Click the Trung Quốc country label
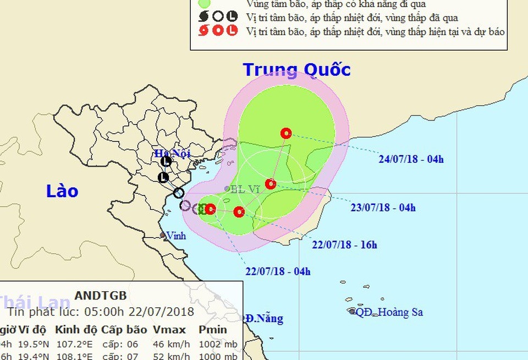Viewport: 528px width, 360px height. (x=296, y=70)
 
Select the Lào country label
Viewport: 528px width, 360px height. (x=62, y=191)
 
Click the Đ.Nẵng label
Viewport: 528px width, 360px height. (x=265, y=318)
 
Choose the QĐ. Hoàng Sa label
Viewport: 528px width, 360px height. (x=389, y=312)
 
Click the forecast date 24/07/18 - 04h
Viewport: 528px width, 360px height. (x=411, y=160)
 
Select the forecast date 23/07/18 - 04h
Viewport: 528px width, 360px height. (x=383, y=208)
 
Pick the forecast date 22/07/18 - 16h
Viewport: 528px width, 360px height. (x=344, y=245)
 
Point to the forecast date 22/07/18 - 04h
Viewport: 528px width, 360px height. (x=278, y=271)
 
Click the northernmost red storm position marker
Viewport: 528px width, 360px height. (x=285, y=133)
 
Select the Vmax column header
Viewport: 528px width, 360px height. (x=169, y=330)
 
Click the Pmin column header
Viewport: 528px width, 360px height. (x=213, y=330)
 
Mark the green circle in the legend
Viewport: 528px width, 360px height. (x=205, y=3)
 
